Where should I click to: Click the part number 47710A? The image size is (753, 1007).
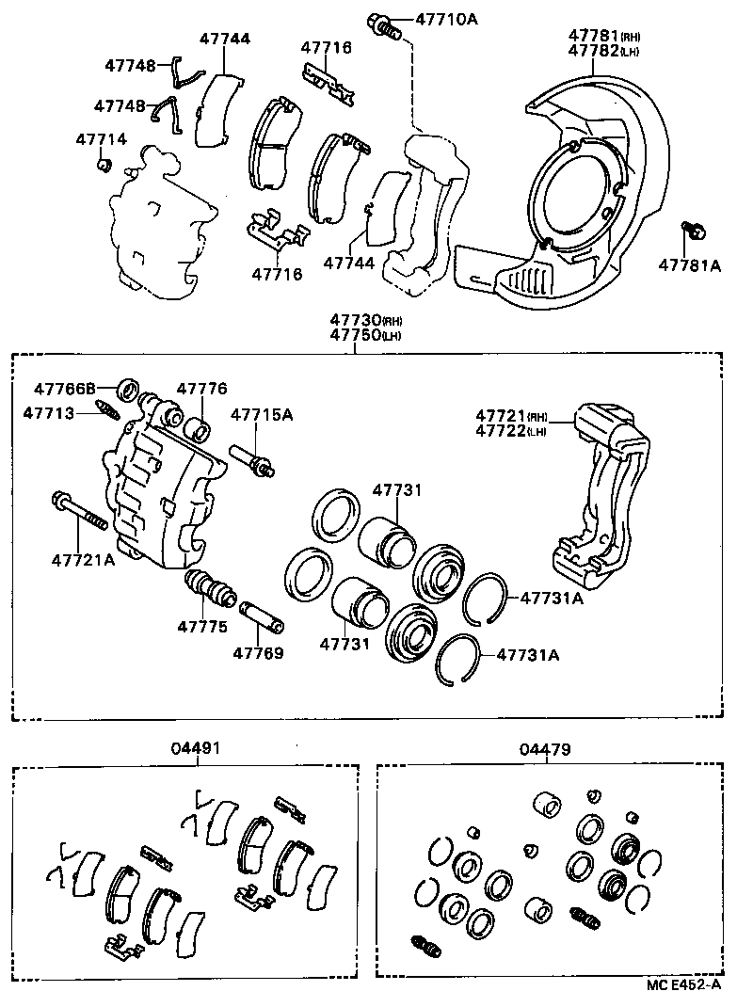439,18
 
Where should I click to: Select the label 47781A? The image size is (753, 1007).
689,266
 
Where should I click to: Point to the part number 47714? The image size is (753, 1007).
101,139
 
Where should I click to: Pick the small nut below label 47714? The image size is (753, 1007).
105,167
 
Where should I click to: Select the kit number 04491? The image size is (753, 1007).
197,749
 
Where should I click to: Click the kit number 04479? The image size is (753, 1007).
544,749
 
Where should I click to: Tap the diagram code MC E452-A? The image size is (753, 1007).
683,984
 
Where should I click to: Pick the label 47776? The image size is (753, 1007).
201,388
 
